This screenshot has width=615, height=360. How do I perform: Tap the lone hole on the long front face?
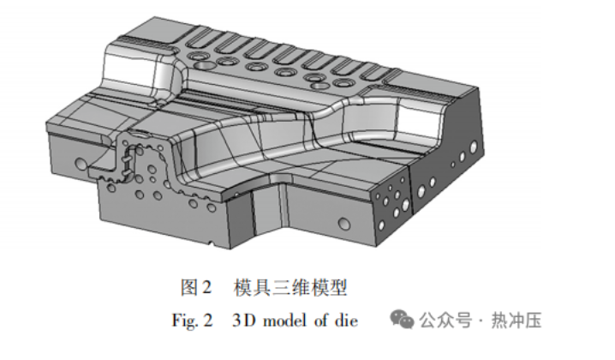point(344,225)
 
